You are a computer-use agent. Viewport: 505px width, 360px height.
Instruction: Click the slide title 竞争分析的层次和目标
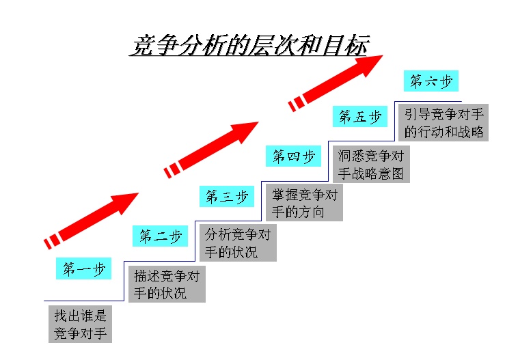tap(249, 45)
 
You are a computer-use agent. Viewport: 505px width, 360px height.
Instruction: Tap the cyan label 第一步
tap(83, 269)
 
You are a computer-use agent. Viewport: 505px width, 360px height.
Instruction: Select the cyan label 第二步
tap(160, 236)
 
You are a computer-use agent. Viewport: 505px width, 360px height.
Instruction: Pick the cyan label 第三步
tap(227, 197)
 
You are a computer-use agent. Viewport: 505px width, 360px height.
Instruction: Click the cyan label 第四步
tap(293, 156)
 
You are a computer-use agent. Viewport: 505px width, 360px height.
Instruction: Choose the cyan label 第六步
tap(431, 81)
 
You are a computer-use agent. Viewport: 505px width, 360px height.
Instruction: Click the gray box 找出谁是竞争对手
tap(81, 324)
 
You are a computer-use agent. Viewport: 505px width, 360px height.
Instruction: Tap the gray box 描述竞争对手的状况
tap(167, 285)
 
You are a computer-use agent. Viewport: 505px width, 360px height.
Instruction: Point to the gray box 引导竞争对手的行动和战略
tap(443, 123)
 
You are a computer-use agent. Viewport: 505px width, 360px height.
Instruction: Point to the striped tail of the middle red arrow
tap(173, 169)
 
